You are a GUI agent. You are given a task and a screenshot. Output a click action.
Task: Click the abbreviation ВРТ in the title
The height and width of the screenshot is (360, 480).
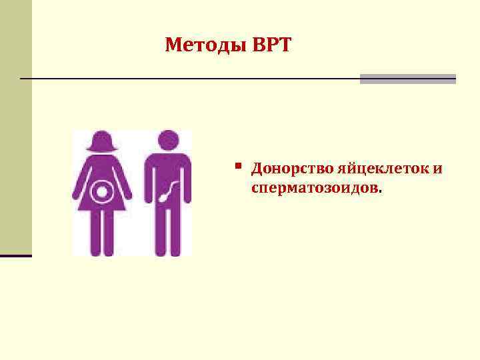pyautogui.click(x=272, y=45)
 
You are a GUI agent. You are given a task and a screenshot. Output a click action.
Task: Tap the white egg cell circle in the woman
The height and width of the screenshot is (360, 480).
pyautogui.click(x=103, y=192)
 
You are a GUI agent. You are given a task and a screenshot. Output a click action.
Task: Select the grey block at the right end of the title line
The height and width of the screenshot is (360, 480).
pyautogui.click(x=407, y=79)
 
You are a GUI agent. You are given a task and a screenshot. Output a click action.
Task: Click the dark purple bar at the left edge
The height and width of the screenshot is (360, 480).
pyautogui.click(x=15, y=255)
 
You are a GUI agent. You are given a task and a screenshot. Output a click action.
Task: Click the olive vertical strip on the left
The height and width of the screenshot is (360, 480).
pyautogui.click(x=15, y=127)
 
